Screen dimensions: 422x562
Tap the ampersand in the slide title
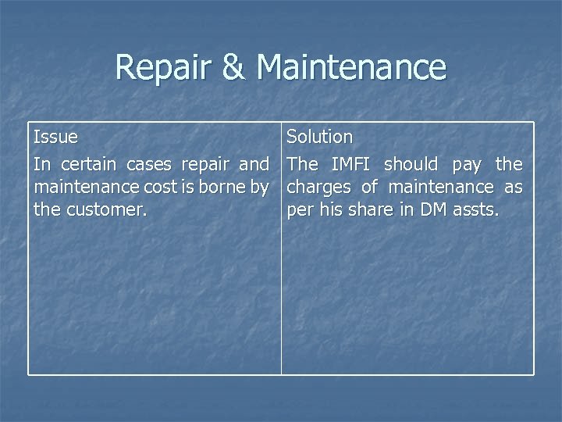point(234,67)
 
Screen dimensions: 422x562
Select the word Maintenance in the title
point(351,67)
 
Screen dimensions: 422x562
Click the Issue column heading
point(55,138)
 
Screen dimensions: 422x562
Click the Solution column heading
point(320,138)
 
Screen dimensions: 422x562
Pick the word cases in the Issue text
point(149,165)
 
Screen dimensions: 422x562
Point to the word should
point(411,165)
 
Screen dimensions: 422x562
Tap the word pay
point(466,165)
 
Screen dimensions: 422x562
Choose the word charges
point(319,188)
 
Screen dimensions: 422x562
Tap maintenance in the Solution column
point(440,188)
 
